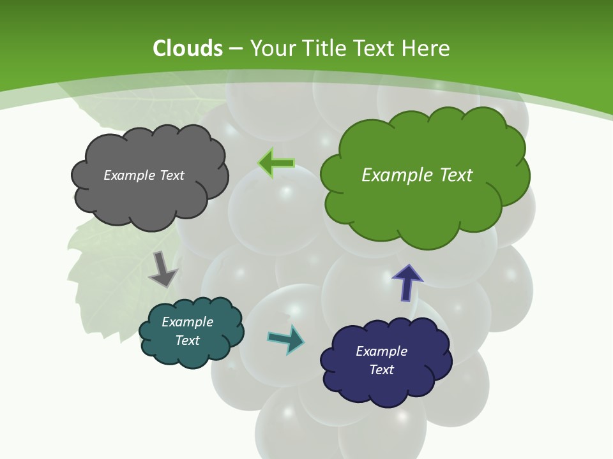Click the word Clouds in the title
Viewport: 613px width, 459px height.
188,48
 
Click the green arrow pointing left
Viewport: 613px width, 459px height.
276,163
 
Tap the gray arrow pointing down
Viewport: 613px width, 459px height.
162,269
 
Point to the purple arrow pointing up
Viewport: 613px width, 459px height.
407,282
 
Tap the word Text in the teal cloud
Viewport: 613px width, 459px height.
188,340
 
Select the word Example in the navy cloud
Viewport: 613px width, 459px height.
381,351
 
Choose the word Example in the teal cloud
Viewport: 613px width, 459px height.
188,322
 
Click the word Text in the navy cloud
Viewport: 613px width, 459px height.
381,370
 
